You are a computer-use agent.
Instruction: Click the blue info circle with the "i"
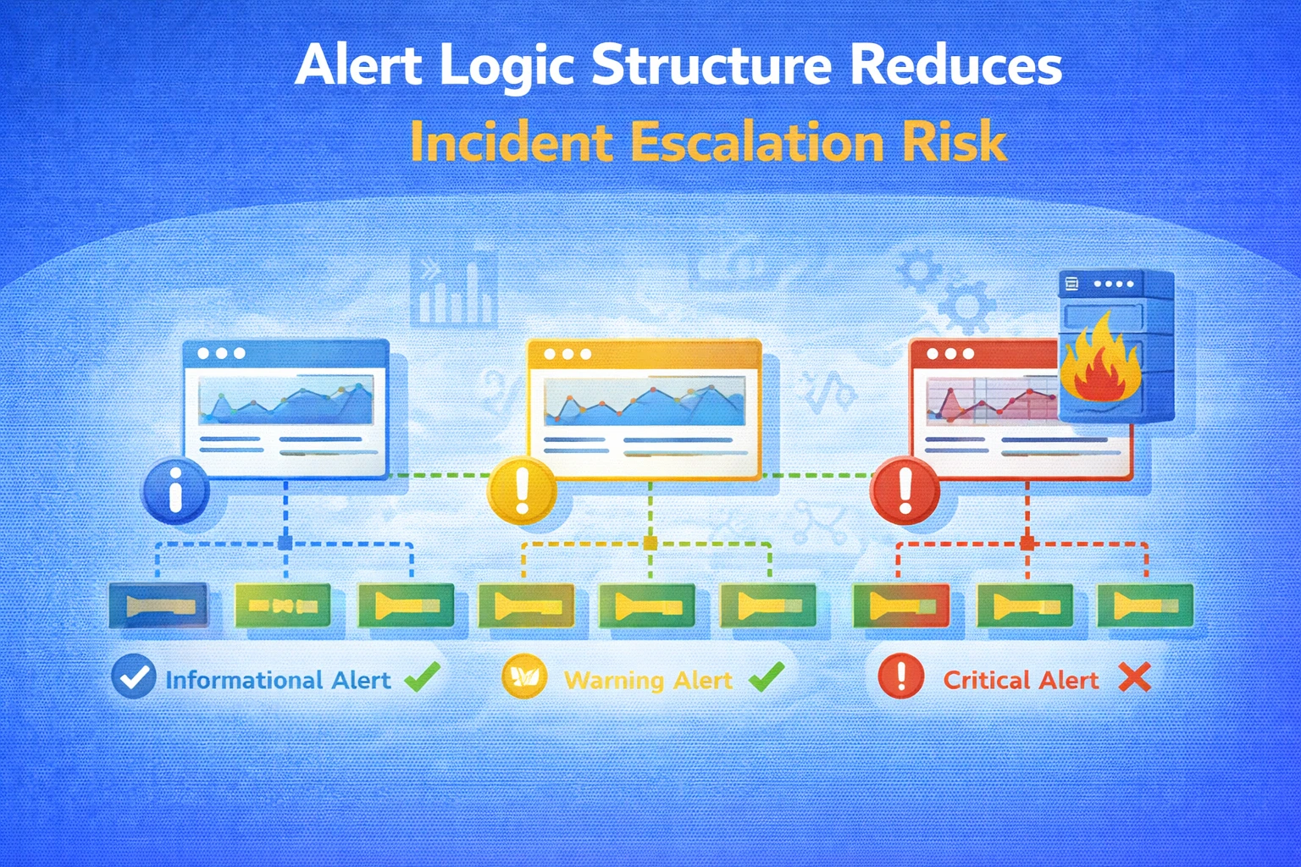pyautogui.click(x=176, y=491)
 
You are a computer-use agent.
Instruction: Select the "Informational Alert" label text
pyautogui.click(x=278, y=680)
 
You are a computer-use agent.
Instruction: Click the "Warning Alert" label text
pyautogui.click(x=648, y=680)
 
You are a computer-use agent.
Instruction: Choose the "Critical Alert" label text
pyautogui.click(x=1021, y=680)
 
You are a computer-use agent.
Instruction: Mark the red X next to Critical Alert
pyautogui.click(x=1134, y=677)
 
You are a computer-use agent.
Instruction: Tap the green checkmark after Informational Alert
pyautogui.click(x=422, y=676)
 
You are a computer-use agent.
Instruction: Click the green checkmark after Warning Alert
pyautogui.click(x=767, y=676)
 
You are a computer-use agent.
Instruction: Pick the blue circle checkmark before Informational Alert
pyautogui.click(x=134, y=677)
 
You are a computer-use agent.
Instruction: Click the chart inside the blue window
pyautogui.click(x=286, y=401)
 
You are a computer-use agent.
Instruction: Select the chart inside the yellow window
pyautogui.click(x=645, y=401)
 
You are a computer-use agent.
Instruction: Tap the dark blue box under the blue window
pyautogui.click(x=159, y=605)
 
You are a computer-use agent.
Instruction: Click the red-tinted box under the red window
pyautogui.click(x=900, y=605)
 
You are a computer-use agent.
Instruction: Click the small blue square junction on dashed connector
pyautogui.click(x=285, y=543)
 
